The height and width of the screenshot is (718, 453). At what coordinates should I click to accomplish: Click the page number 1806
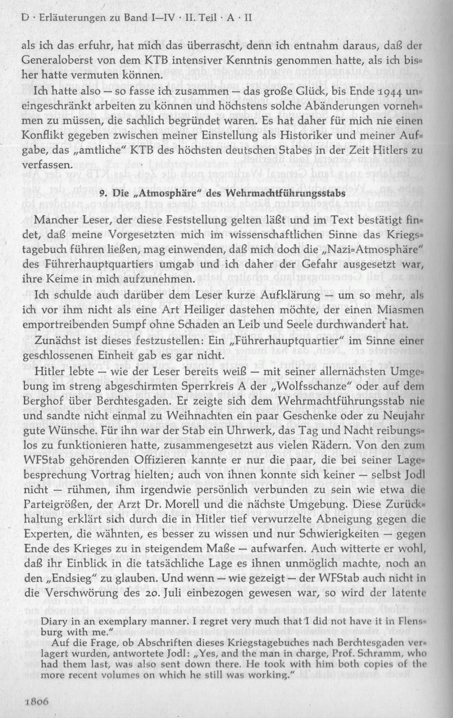click(35, 700)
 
